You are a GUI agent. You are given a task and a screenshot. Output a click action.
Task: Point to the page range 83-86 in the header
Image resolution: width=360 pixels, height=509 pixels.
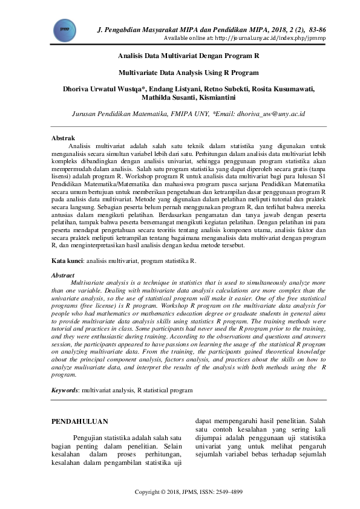[x=315, y=29]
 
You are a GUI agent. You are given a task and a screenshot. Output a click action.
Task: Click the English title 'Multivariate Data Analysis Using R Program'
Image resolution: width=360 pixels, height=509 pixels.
[x=188, y=72]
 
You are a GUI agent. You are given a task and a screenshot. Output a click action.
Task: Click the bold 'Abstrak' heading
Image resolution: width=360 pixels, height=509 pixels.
[x=63, y=138]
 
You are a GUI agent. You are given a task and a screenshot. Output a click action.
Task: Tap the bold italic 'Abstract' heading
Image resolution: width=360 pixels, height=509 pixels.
[x=63, y=275]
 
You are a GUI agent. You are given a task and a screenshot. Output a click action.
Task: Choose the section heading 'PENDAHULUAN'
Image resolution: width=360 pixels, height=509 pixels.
[x=79, y=421]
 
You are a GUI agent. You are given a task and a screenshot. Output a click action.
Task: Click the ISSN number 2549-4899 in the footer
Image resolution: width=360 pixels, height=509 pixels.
[x=229, y=493]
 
